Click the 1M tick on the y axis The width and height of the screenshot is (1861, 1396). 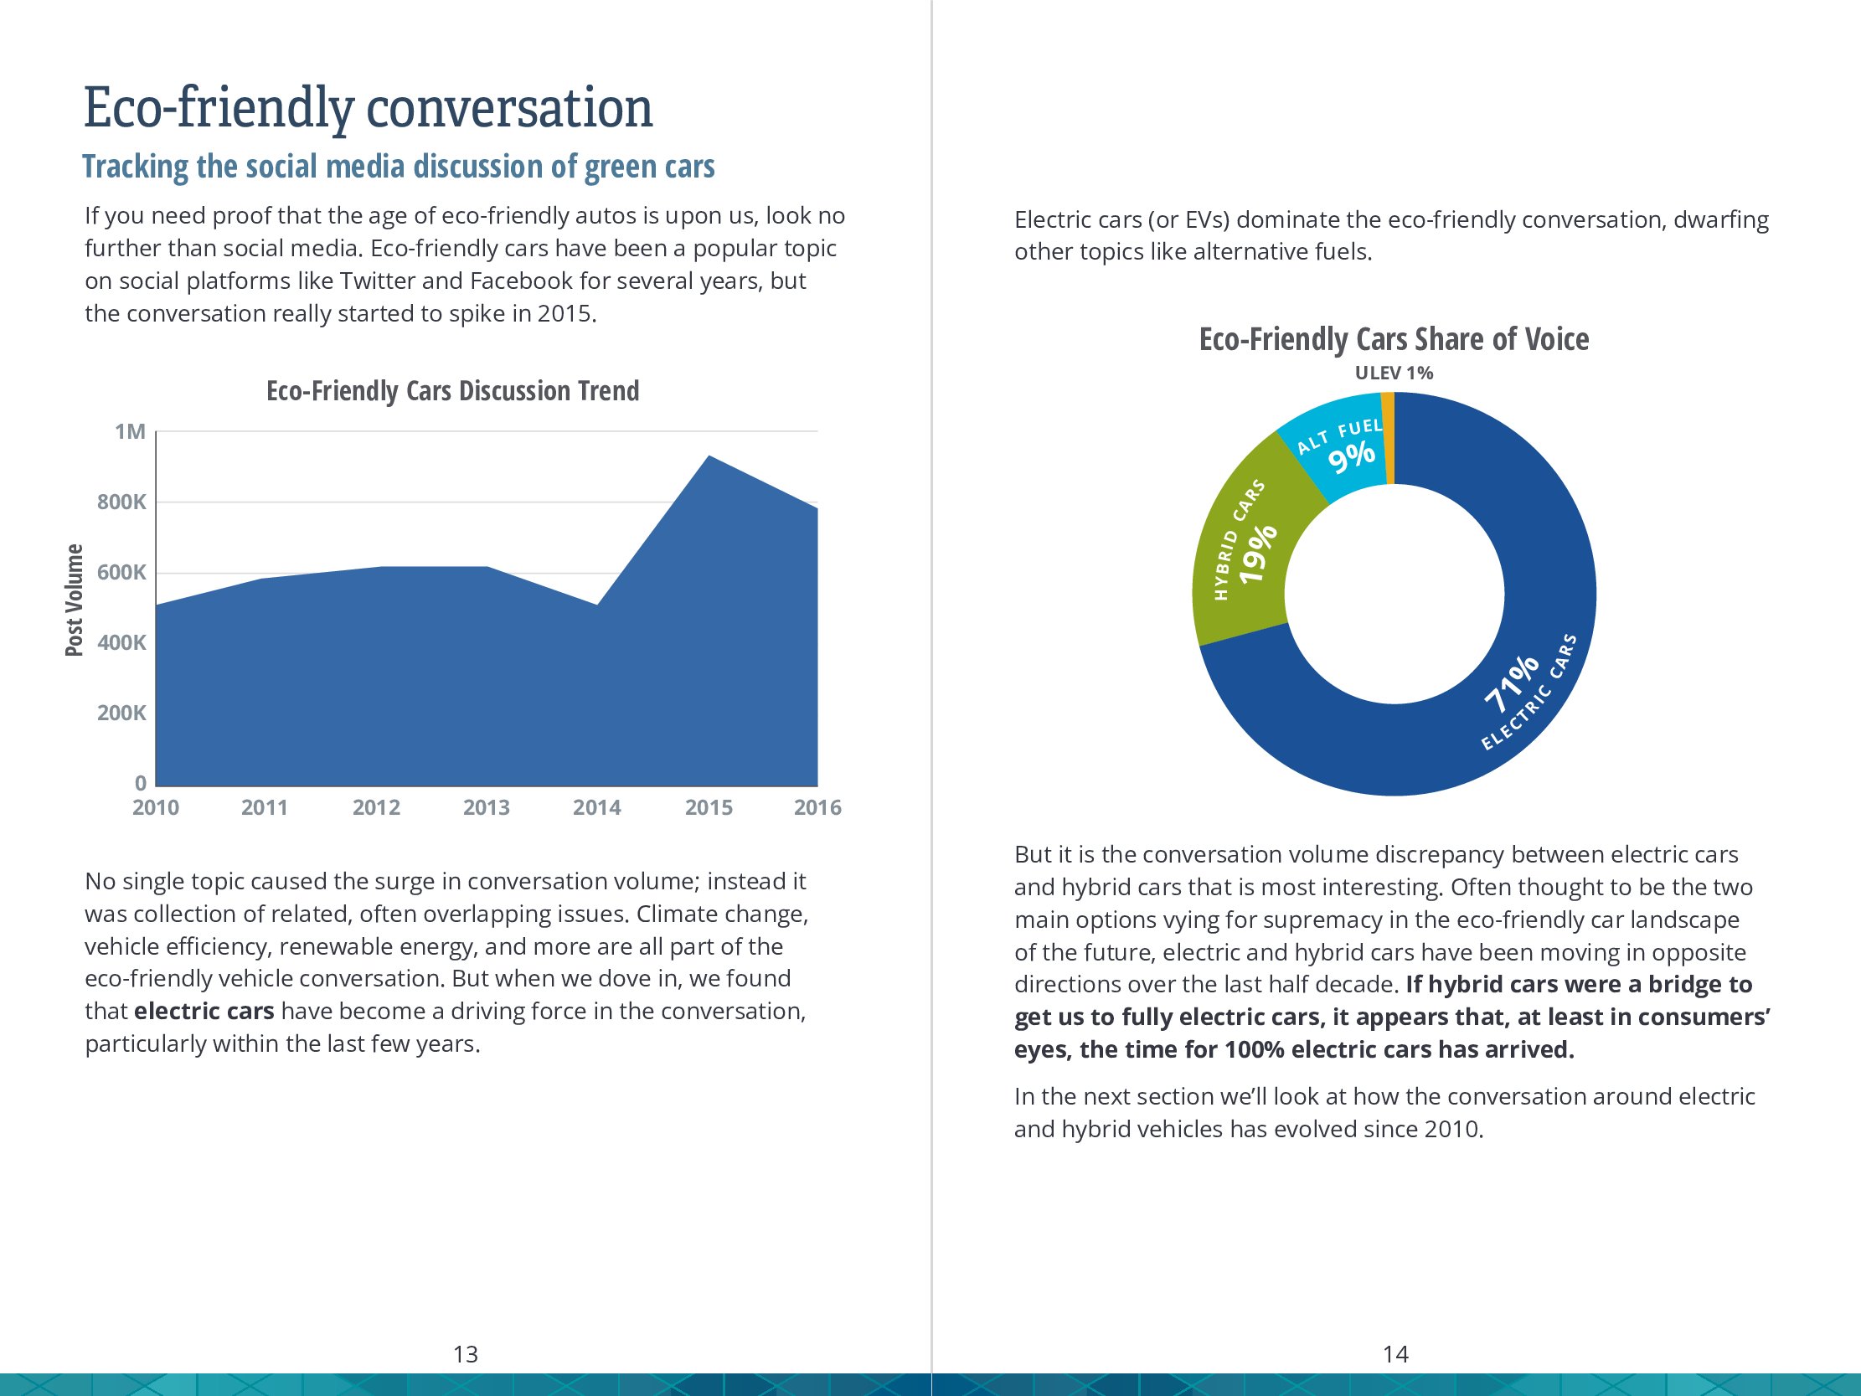click(x=131, y=431)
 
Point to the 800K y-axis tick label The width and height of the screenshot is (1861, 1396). click(x=122, y=502)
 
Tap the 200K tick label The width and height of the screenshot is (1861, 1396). click(x=122, y=713)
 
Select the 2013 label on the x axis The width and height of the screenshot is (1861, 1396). click(x=487, y=808)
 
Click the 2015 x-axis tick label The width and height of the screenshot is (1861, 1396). click(x=709, y=808)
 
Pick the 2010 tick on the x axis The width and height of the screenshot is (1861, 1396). click(x=156, y=808)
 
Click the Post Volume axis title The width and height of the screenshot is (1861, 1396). click(x=75, y=600)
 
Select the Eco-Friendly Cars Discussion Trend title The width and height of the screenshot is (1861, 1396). click(x=452, y=391)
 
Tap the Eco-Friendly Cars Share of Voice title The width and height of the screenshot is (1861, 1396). click(x=1393, y=339)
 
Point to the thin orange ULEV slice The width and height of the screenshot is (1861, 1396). click(x=1388, y=438)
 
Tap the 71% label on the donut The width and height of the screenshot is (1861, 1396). click(x=1511, y=683)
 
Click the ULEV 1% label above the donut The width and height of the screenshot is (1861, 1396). click(x=1393, y=373)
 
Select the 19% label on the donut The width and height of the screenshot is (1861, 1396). click(x=1259, y=552)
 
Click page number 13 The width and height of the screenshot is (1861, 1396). click(x=466, y=1354)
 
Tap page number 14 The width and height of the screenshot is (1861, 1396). click(x=1395, y=1354)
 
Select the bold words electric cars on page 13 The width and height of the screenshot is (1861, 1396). click(x=204, y=1011)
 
